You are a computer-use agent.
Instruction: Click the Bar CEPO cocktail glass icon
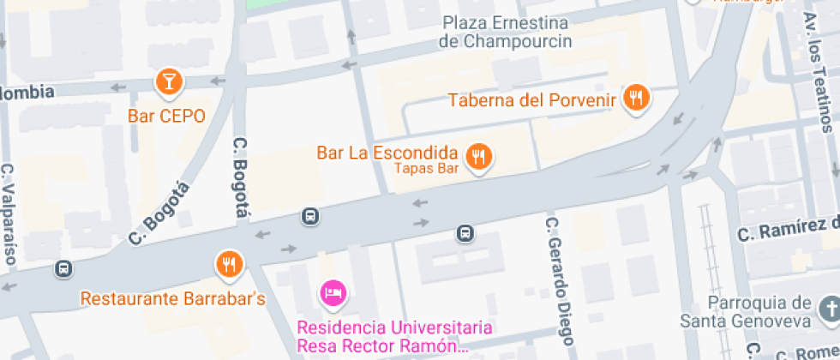(169, 81)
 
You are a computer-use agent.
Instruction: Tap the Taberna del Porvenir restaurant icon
(635, 98)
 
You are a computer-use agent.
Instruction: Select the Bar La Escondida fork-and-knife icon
(477, 156)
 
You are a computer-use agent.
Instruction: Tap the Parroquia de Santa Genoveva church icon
(829, 307)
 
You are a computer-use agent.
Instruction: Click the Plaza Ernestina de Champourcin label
(505, 31)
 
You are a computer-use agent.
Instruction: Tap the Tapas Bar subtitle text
(427, 169)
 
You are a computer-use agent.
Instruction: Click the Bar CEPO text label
(166, 116)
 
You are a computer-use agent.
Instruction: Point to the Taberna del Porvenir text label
(533, 101)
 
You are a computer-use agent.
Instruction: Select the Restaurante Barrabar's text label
(173, 299)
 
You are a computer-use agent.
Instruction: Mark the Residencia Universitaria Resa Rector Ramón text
(394, 337)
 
